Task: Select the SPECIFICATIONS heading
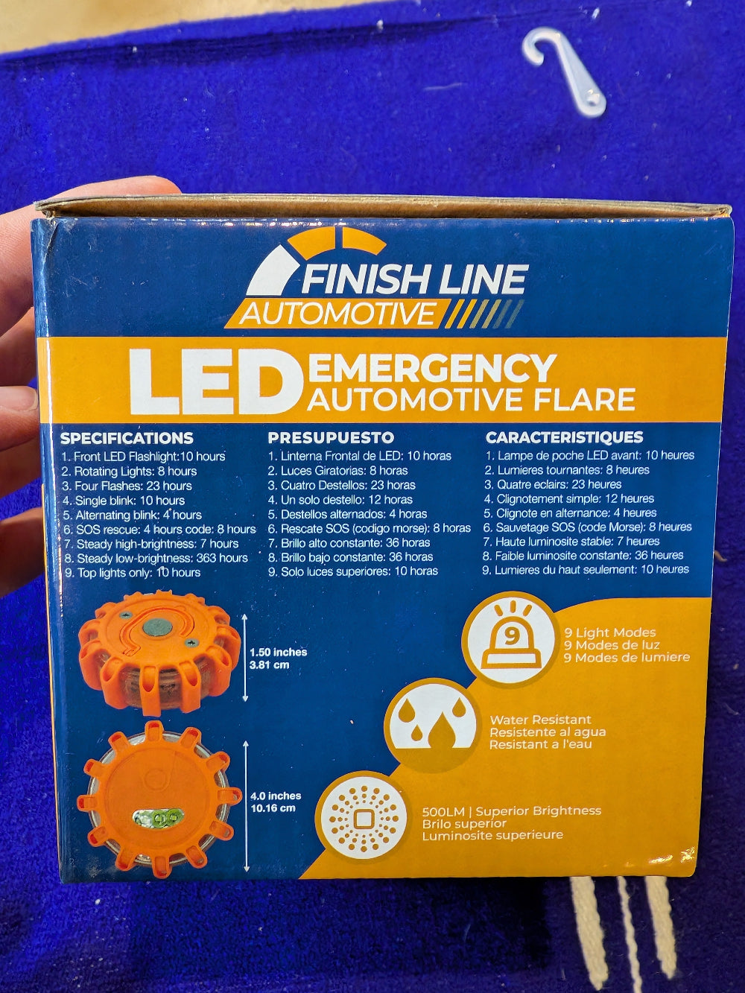pyautogui.click(x=127, y=438)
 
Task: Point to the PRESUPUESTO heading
pyautogui.click(x=331, y=437)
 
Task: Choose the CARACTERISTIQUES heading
pyautogui.click(x=564, y=437)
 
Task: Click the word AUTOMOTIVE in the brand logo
pyautogui.click(x=337, y=313)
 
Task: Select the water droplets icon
pyautogui.click(x=431, y=723)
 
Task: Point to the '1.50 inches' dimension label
pyautogui.click(x=279, y=653)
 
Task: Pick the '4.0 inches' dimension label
pyautogui.click(x=276, y=796)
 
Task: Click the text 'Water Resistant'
pyautogui.click(x=540, y=720)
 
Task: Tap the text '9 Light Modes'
pyautogui.click(x=609, y=632)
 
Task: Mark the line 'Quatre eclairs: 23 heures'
pyautogui.click(x=553, y=484)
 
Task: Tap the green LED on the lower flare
pyautogui.click(x=158, y=819)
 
